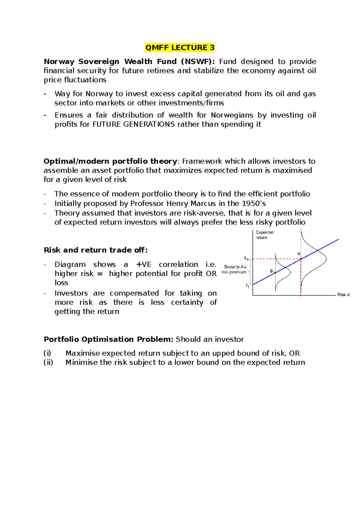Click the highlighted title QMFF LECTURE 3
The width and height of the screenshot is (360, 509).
point(180,48)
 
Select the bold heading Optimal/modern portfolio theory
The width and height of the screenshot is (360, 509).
point(110,161)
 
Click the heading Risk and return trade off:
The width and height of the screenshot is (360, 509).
point(96,250)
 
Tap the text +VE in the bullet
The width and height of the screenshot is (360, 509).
point(144,264)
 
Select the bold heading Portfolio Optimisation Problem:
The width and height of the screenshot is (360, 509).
point(109,339)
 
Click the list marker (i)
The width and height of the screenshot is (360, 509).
point(47,353)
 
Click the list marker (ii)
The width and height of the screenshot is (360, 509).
point(48,363)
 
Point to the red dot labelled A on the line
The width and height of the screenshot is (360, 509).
point(301,258)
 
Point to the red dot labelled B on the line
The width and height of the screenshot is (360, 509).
point(275,273)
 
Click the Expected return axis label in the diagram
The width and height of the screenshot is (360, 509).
point(264,235)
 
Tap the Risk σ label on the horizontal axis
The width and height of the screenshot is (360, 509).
point(343,295)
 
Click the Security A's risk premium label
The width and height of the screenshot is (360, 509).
point(235,269)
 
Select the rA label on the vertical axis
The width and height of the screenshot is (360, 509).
point(247,258)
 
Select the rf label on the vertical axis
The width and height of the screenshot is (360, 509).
point(247,286)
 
